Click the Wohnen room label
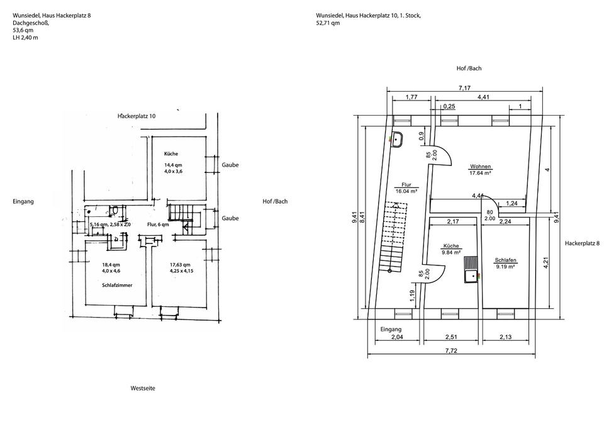point(480,167)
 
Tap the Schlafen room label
point(505,260)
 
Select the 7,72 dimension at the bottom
point(451,351)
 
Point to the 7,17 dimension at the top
point(464,88)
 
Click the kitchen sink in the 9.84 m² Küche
point(471,270)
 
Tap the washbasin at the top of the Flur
point(397,140)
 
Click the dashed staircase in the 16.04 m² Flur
point(393,236)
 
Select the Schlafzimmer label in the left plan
point(117,286)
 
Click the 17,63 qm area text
point(181,265)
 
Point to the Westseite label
point(143,388)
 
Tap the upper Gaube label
point(230,165)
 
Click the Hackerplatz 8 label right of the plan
point(582,243)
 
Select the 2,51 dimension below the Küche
point(451,337)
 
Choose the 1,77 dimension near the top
point(411,97)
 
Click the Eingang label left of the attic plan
point(23,201)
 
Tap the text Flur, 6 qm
point(158,225)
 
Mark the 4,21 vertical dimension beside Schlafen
point(545,263)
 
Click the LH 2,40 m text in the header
point(25,38)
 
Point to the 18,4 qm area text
point(111,265)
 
